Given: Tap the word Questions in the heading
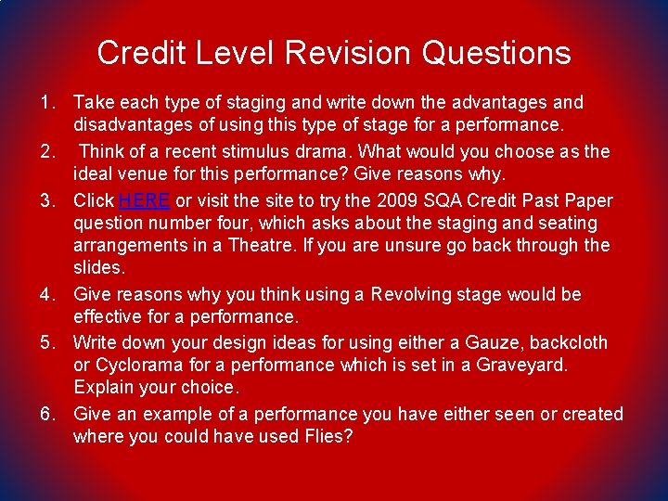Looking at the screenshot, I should click(x=496, y=53).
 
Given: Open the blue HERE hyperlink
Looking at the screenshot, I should click(x=145, y=200).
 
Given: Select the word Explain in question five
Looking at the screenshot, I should click(x=104, y=388).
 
